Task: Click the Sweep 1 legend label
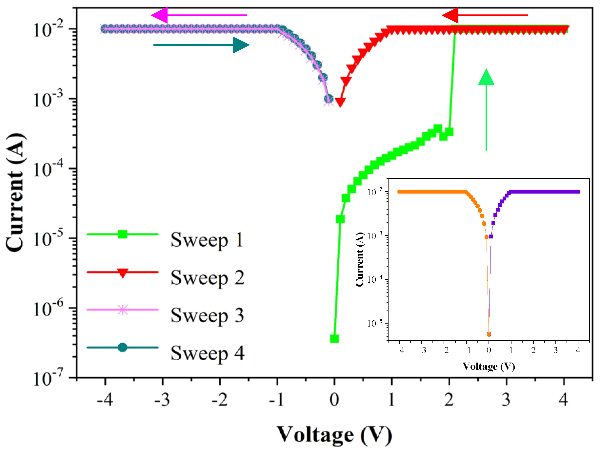pyautogui.click(x=207, y=240)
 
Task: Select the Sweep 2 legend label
pyautogui.click(x=208, y=278)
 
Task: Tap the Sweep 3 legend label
pyautogui.click(x=208, y=315)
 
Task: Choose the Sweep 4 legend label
pyautogui.click(x=208, y=353)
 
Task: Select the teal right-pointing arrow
pyautogui.click(x=201, y=45)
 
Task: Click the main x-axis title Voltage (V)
pyautogui.click(x=334, y=435)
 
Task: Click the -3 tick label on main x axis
pyautogui.click(x=162, y=400)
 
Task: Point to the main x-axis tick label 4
pyautogui.click(x=563, y=400)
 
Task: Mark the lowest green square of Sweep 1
pyautogui.click(x=334, y=339)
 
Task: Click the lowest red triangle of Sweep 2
pyautogui.click(x=340, y=102)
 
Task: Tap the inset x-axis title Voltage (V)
pyautogui.click(x=489, y=366)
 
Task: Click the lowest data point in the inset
pyautogui.click(x=489, y=334)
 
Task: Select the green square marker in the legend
pyautogui.click(x=123, y=234)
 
